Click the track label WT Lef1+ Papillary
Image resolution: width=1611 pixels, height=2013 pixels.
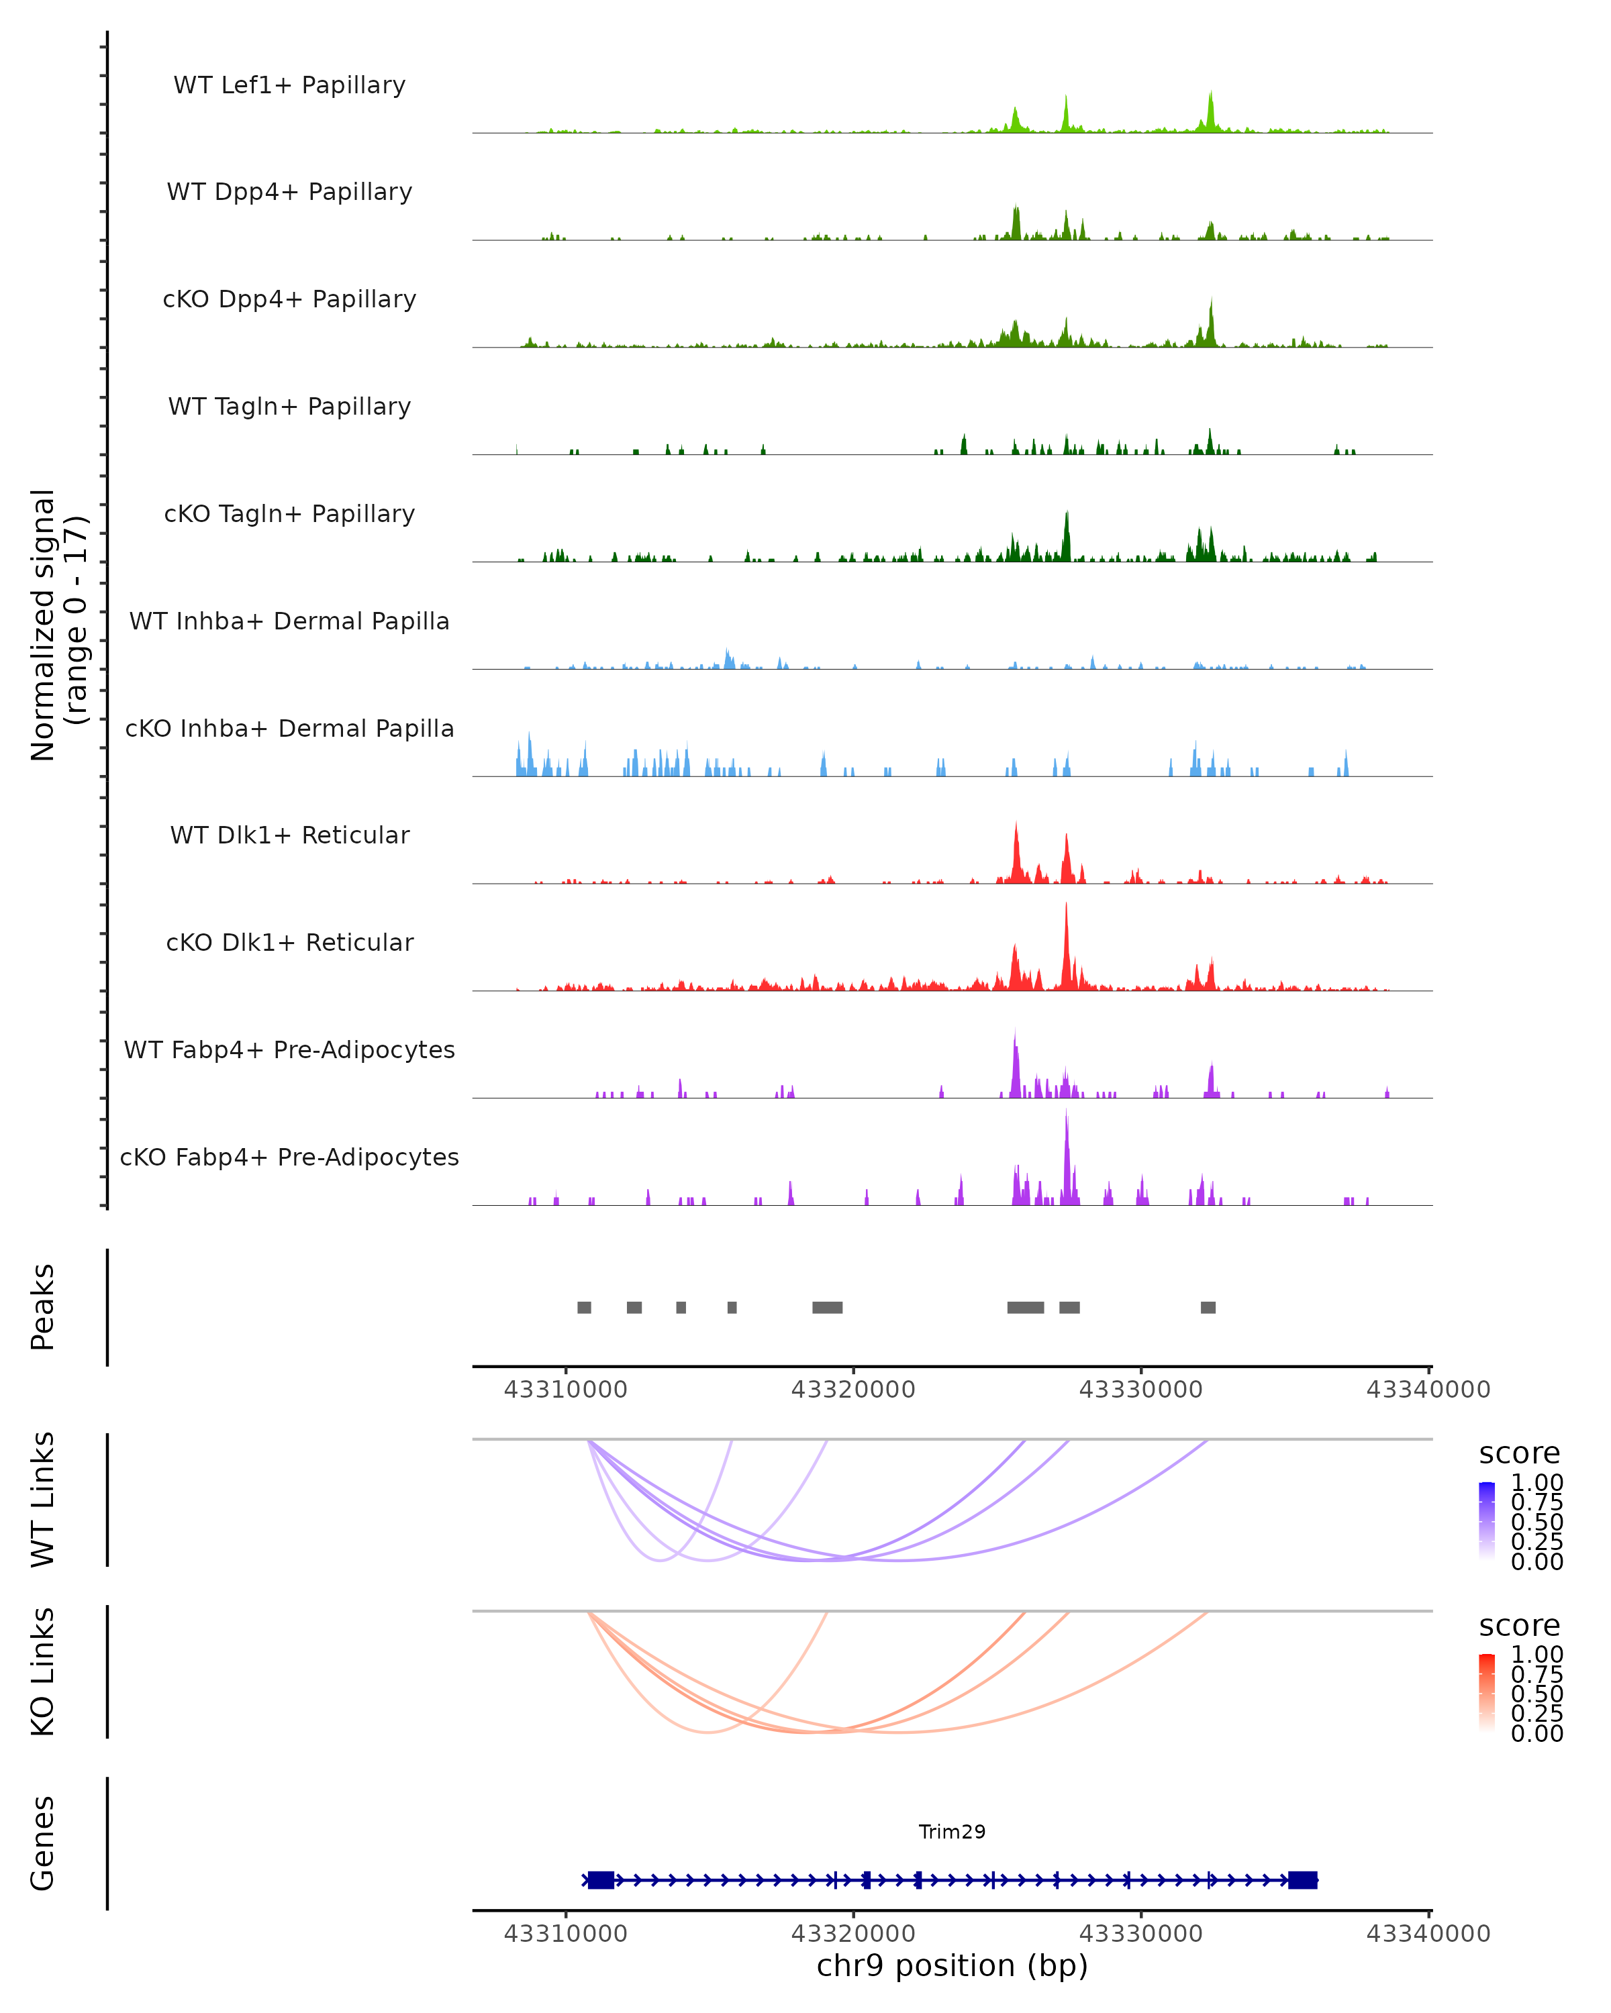(x=289, y=85)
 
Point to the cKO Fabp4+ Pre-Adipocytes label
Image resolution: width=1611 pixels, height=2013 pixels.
(x=289, y=1157)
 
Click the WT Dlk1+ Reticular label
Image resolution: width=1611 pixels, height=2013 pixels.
(x=289, y=835)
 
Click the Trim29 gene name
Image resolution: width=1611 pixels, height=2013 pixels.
(x=952, y=1831)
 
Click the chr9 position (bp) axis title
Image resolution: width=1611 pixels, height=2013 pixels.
(x=952, y=1965)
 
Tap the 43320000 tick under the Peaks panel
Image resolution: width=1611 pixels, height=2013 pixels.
(x=852, y=1390)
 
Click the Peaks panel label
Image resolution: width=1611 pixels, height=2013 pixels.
(x=43, y=1306)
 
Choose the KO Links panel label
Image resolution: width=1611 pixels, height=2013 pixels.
(x=43, y=1671)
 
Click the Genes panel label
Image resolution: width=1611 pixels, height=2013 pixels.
(x=43, y=1843)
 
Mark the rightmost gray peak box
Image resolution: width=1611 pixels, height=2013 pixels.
(x=1208, y=1307)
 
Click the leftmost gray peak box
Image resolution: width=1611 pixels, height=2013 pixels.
(x=584, y=1307)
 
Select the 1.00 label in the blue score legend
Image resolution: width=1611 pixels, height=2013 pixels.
(x=1536, y=1483)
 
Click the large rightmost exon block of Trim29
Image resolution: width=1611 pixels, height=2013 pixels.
(x=1302, y=1879)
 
